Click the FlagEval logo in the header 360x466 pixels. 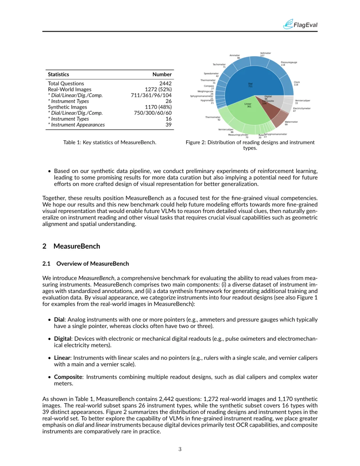coord(300,24)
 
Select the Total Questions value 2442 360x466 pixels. coord(165,83)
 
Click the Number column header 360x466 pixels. coord(162,74)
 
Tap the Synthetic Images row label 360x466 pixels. coord(67,107)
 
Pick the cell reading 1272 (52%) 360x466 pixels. coord(158,89)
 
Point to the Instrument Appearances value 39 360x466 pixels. coord(168,125)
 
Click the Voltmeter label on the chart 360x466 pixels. coord(265,53)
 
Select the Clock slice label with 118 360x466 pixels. coord(296,83)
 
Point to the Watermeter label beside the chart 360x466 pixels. coord(291,122)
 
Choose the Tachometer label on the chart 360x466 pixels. coord(219,65)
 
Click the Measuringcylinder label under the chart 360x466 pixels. coord(238,135)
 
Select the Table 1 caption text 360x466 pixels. coord(110,142)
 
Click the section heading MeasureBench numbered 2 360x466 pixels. coord(77,246)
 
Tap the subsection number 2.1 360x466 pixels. coord(46,264)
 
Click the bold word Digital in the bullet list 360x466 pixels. coord(63,339)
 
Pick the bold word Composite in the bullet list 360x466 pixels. coord(68,377)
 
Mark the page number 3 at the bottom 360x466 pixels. coord(180,449)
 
